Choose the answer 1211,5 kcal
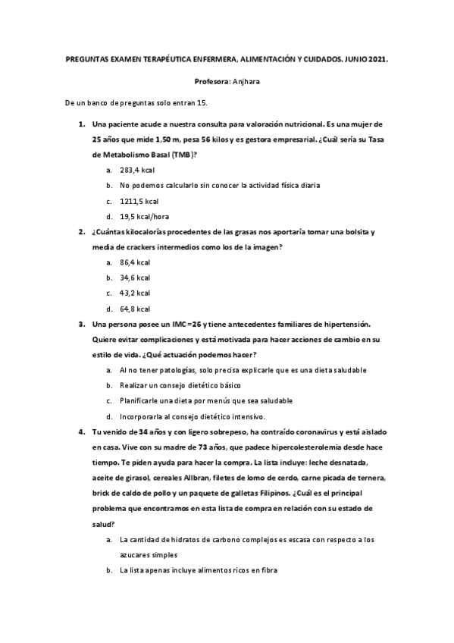139,201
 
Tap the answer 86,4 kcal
135,262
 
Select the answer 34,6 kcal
135,278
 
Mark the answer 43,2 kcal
135,293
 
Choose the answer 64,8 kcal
135,309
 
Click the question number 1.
81,123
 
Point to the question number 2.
81,231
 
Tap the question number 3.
81,324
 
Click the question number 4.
81,431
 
